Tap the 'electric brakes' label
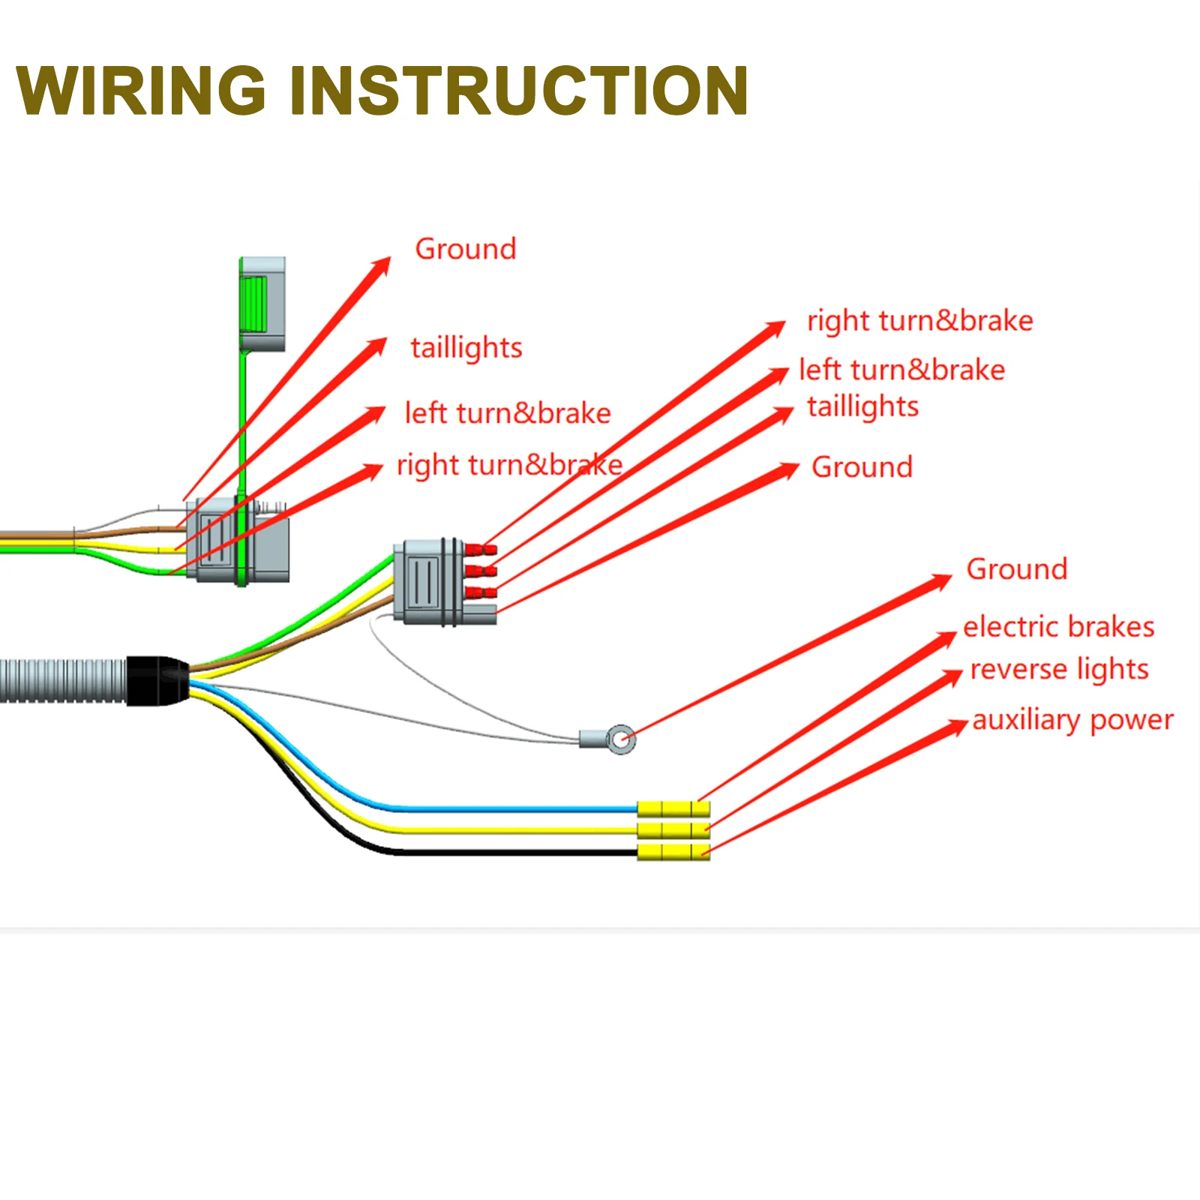(1058, 627)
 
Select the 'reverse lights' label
(1059, 669)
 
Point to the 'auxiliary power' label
(1072, 720)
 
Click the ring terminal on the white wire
(620, 739)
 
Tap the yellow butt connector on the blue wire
(673, 809)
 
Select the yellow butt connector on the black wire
(673, 852)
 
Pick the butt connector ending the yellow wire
(673, 830)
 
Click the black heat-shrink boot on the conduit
(156, 680)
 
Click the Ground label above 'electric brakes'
(1016, 569)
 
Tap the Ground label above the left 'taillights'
(466, 249)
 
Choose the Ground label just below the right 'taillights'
(862, 467)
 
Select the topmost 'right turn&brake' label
(919, 321)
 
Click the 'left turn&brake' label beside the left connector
(507, 413)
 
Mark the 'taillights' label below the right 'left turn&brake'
(862, 406)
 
